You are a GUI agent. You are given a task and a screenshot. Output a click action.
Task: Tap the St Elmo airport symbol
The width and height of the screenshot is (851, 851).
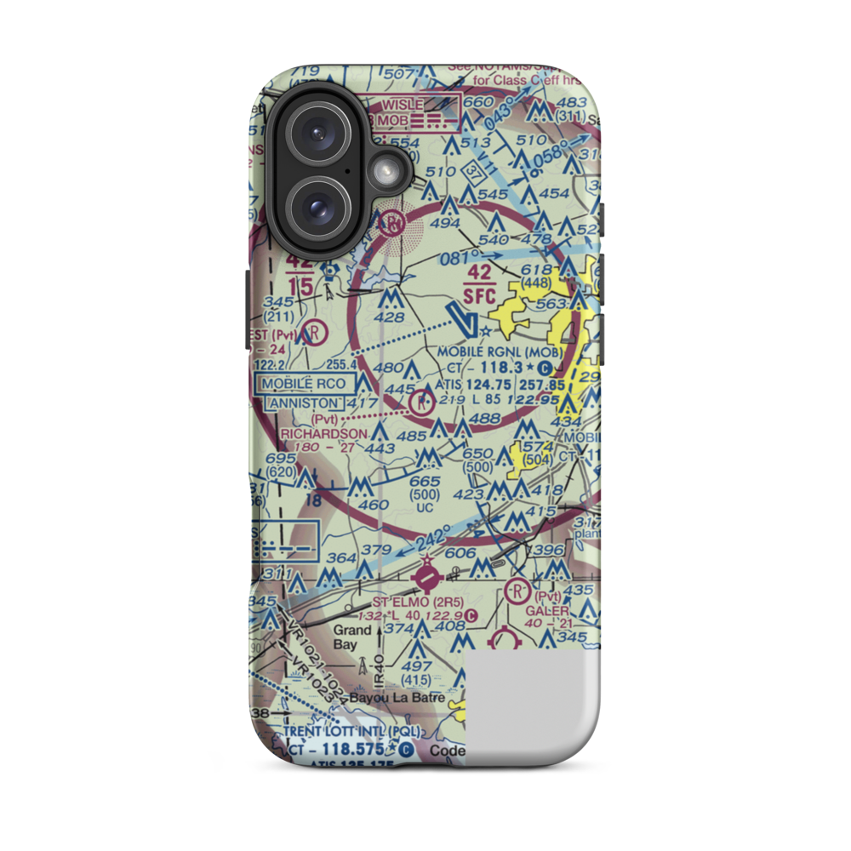(x=426, y=580)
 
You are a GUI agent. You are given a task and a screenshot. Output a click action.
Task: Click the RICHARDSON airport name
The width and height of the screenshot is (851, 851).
(x=323, y=433)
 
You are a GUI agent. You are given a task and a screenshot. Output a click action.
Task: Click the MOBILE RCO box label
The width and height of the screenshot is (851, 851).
(x=304, y=384)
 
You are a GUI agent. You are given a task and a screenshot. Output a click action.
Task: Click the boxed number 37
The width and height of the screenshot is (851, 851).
(x=474, y=174)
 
